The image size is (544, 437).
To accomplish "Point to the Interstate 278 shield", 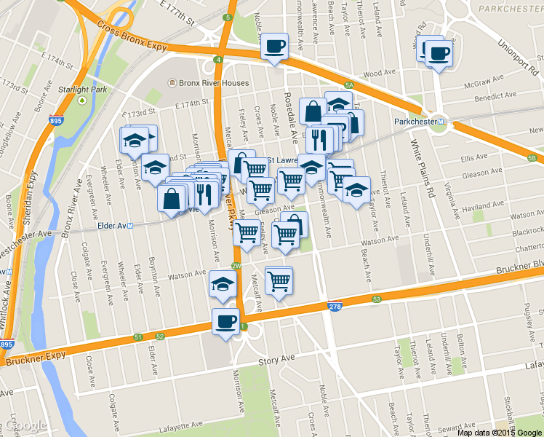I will click(x=335, y=309).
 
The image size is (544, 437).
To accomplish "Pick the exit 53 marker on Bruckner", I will click(x=376, y=299).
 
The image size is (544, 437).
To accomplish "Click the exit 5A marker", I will click(x=349, y=86).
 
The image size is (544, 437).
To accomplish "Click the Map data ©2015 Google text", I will click(x=499, y=432).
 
